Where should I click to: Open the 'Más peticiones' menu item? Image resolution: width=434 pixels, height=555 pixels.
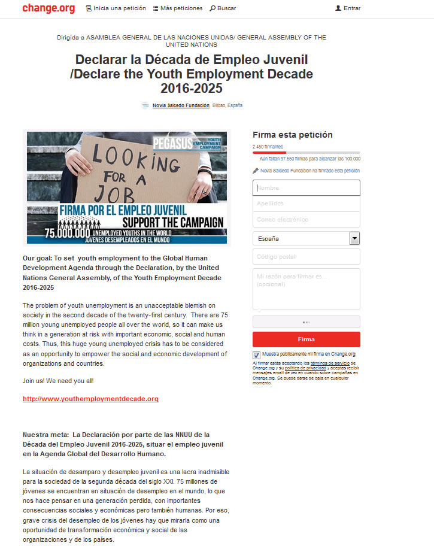(x=178, y=8)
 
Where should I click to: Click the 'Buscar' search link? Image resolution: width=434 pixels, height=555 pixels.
(x=223, y=8)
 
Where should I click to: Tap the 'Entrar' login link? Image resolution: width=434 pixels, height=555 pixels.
(x=348, y=8)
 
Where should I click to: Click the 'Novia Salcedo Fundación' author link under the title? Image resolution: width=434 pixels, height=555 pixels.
(x=181, y=105)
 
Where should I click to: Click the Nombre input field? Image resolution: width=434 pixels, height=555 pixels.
(x=306, y=188)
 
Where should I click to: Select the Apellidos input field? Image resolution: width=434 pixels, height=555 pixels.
(x=306, y=204)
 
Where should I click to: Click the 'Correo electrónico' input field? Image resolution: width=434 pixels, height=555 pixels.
(x=306, y=219)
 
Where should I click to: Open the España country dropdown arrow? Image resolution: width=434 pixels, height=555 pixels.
(x=354, y=238)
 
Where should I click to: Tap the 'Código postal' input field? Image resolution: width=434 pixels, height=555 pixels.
(x=306, y=257)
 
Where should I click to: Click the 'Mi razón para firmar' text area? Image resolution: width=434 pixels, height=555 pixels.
(x=306, y=289)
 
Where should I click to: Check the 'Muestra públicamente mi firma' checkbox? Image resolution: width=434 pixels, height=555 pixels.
(x=257, y=355)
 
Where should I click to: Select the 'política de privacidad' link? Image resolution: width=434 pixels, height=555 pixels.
(x=302, y=368)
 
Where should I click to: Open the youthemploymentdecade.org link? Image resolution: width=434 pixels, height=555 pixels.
(x=90, y=399)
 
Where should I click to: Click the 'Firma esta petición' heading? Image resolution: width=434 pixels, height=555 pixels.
(x=292, y=135)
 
